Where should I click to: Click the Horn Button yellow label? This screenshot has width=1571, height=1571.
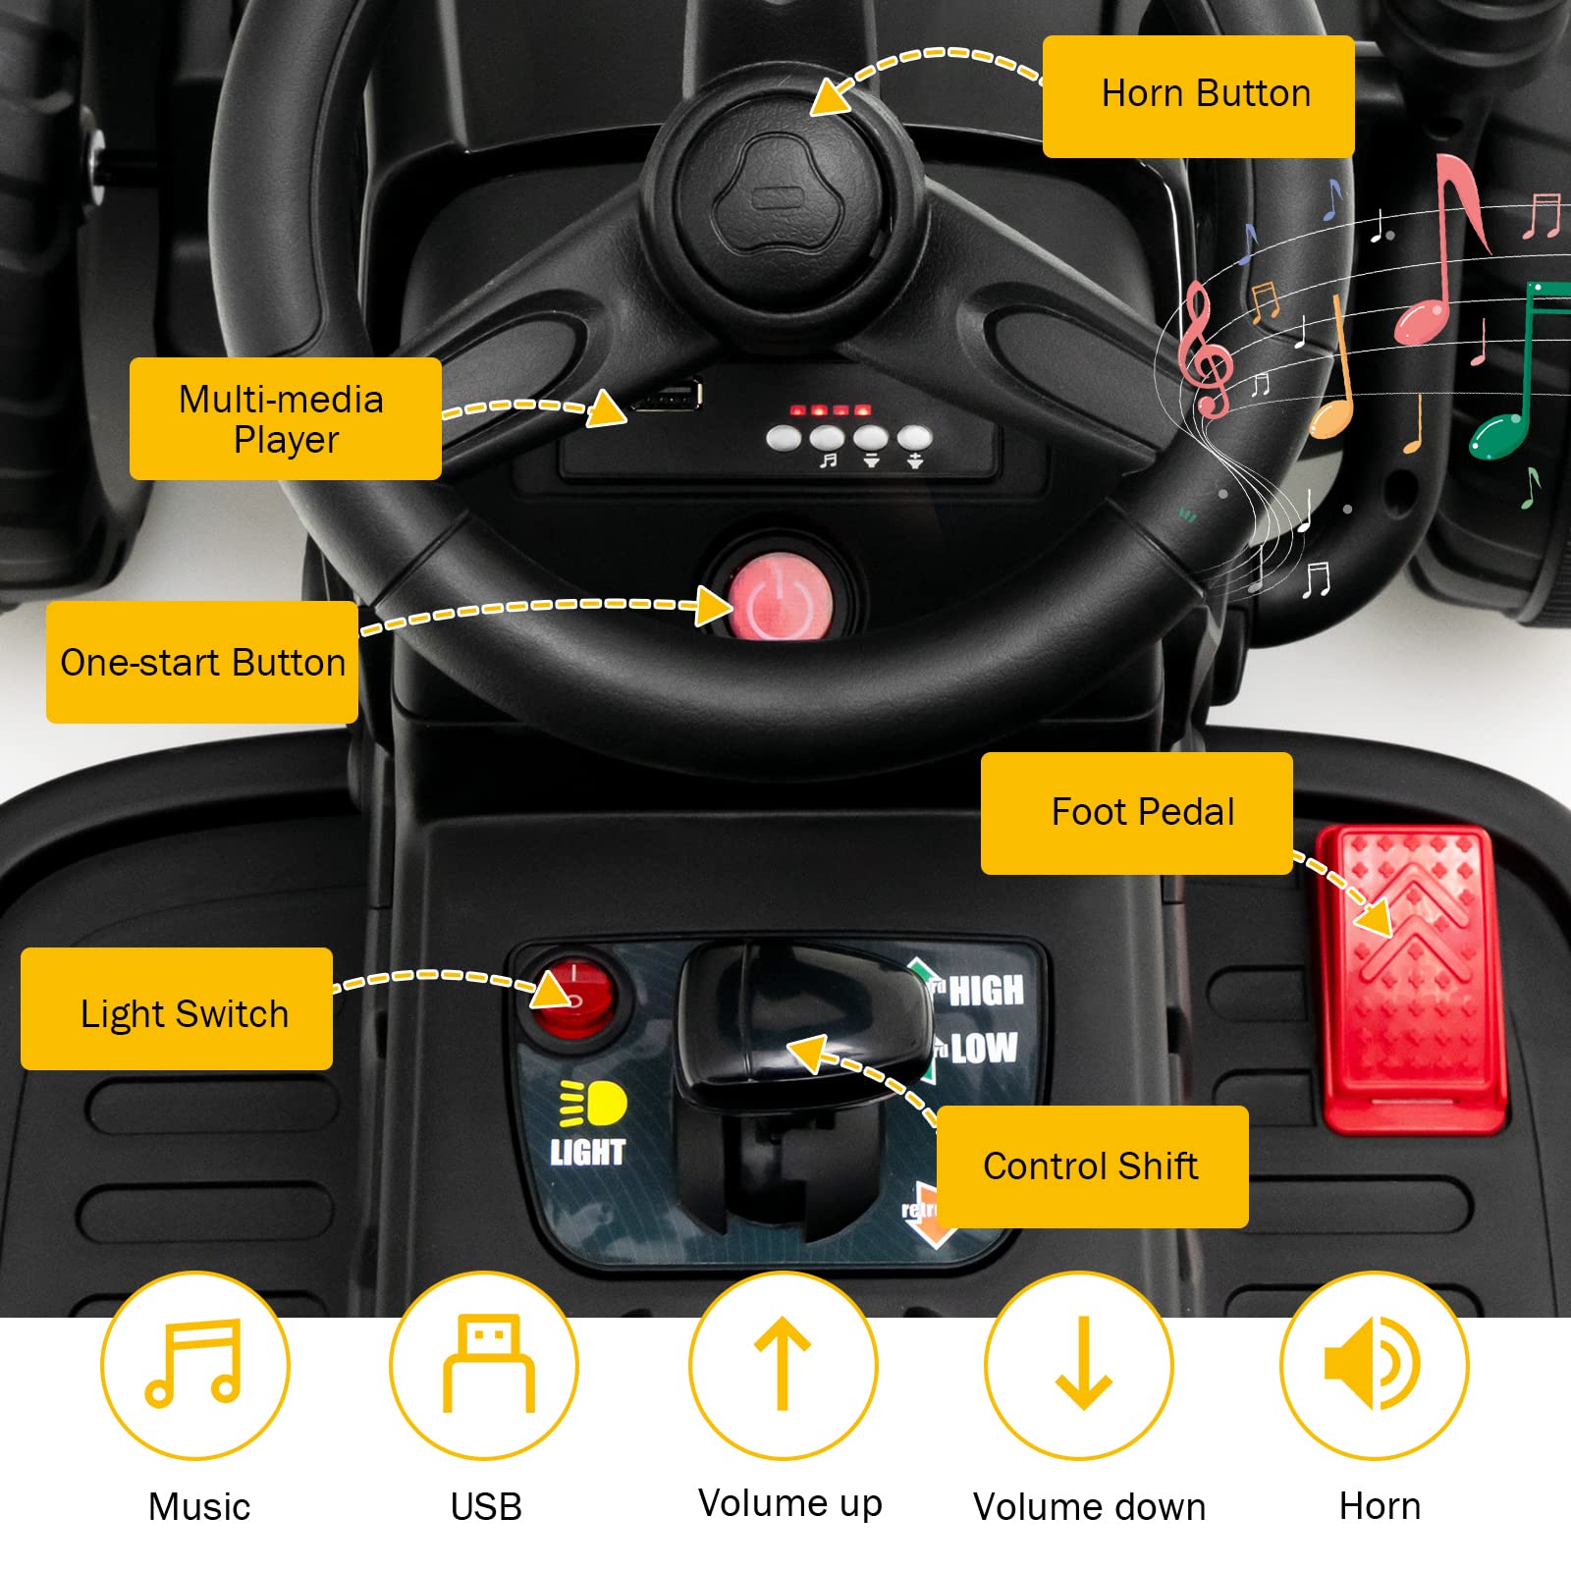click(1198, 96)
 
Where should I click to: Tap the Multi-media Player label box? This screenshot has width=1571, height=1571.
click(285, 418)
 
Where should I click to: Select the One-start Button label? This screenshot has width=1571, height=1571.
click(201, 662)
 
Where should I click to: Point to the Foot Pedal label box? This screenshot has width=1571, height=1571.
click(1136, 813)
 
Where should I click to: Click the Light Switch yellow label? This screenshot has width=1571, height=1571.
click(177, 1008)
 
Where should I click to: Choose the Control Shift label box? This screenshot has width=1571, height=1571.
click(1092, 1166)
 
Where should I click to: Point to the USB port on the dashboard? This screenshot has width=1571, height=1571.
click(668, 396)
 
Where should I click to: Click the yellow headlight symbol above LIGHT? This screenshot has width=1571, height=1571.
click(592, 1103)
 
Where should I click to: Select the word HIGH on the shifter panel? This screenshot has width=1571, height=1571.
click(986, 991)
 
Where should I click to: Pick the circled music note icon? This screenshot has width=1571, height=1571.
click(194, 1364)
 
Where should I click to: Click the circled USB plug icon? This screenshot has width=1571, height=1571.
click(484, 1365)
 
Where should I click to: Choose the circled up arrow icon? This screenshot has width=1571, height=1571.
click(783, 1365)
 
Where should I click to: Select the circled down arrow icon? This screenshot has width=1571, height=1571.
click(1079, 1365)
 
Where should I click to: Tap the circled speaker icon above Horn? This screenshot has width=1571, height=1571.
click(1374, 1365)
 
